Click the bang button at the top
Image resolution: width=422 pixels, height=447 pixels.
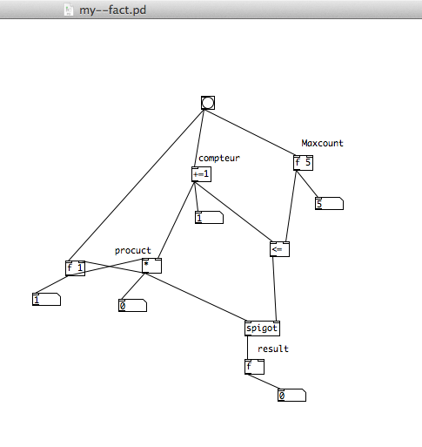(x=208, y=103)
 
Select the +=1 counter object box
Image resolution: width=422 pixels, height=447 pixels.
(x=201, y=174)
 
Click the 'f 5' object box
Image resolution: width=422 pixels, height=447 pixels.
(x=303, y=163)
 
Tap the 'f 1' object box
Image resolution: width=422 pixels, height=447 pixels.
(x=75, y=268)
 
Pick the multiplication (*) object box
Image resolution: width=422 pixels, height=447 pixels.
(x=151, y=266)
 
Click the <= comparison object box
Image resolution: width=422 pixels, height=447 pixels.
(x=279, y=249)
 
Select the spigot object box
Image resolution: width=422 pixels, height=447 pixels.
(x=262, y=328)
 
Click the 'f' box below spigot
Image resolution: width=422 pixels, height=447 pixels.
(x=254, y=367)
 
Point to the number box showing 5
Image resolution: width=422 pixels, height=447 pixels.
(x=329, y=203)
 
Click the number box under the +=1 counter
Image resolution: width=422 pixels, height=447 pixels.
(x=209, y=218)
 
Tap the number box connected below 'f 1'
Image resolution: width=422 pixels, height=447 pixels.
(x=46, y=299)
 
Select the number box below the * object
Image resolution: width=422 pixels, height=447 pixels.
(x=132, y=305)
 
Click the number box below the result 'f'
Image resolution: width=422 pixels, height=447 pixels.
(x=291, y=395)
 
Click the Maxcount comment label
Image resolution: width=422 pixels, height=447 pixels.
(x=322, y=143)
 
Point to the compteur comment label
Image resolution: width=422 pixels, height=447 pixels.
(x=219, y=159)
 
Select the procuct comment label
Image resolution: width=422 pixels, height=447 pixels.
(x=133, y=251)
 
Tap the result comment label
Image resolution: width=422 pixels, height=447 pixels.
(x=273, y=349)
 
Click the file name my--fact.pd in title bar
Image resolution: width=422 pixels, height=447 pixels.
(x=112, y=10)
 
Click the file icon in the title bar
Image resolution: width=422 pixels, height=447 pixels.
(x=69, y=10)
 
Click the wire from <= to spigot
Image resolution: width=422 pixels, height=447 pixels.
(x=274, y=288)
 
